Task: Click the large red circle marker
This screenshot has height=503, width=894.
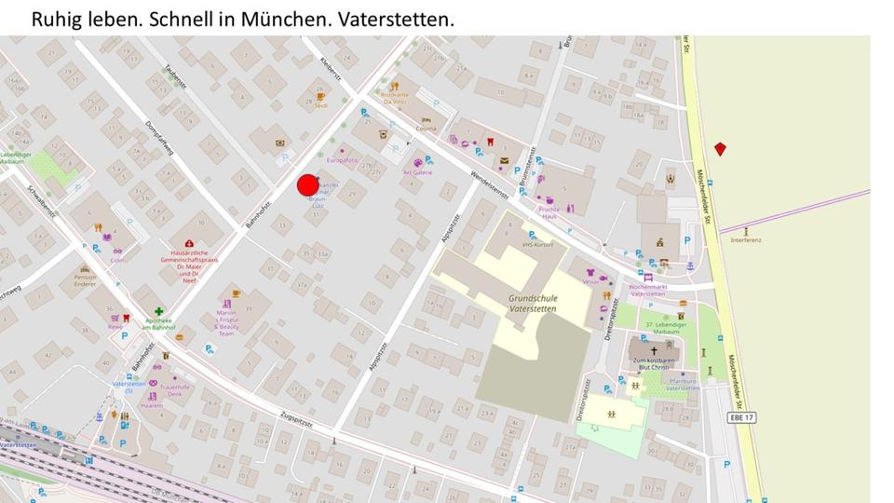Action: [308, 185]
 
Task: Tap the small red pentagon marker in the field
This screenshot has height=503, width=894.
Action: [720, 149]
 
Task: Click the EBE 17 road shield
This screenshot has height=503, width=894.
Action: [741, 418]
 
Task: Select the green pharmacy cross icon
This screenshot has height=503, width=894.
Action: [159, 313]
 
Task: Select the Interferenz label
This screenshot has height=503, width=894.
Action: [746, 240]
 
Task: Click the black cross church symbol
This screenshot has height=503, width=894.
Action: [654, 350]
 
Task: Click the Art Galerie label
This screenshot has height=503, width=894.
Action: [417, 172]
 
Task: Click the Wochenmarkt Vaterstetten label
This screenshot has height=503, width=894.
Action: [648, 290]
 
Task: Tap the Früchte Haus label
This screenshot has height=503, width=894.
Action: [549, 212]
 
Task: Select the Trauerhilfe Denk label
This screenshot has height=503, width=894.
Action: [174, 390]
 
